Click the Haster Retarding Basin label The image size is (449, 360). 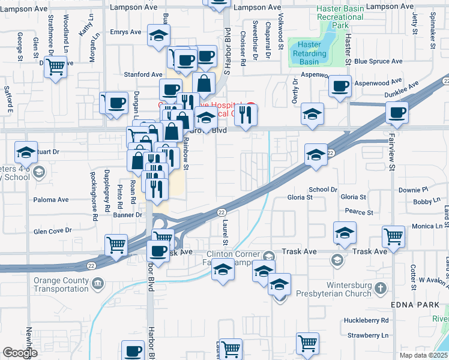coord(309,53)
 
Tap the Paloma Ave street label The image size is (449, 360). coord(51,200)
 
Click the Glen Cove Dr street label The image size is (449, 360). coord(53,230)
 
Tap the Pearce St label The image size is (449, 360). coord(360,212)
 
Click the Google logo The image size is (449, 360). coord(20,353)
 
